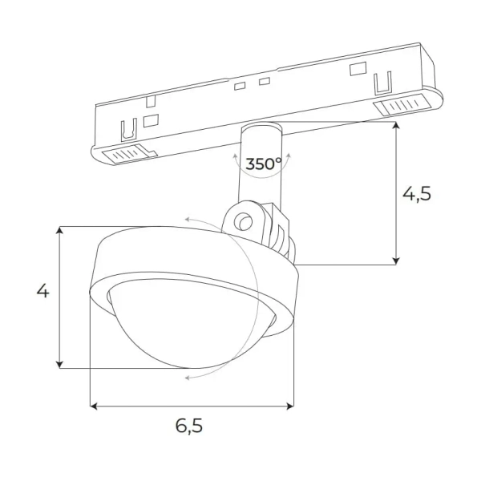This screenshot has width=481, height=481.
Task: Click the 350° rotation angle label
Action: click(x=263, y=164)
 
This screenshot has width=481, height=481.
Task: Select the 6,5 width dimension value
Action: click(x=188, y=426)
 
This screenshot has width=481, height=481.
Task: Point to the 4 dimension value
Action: click(x=42, y=291)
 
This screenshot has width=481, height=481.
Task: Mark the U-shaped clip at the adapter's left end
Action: click(x=126, y=129)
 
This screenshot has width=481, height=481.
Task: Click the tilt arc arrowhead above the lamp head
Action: click(x=187, y=217)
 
